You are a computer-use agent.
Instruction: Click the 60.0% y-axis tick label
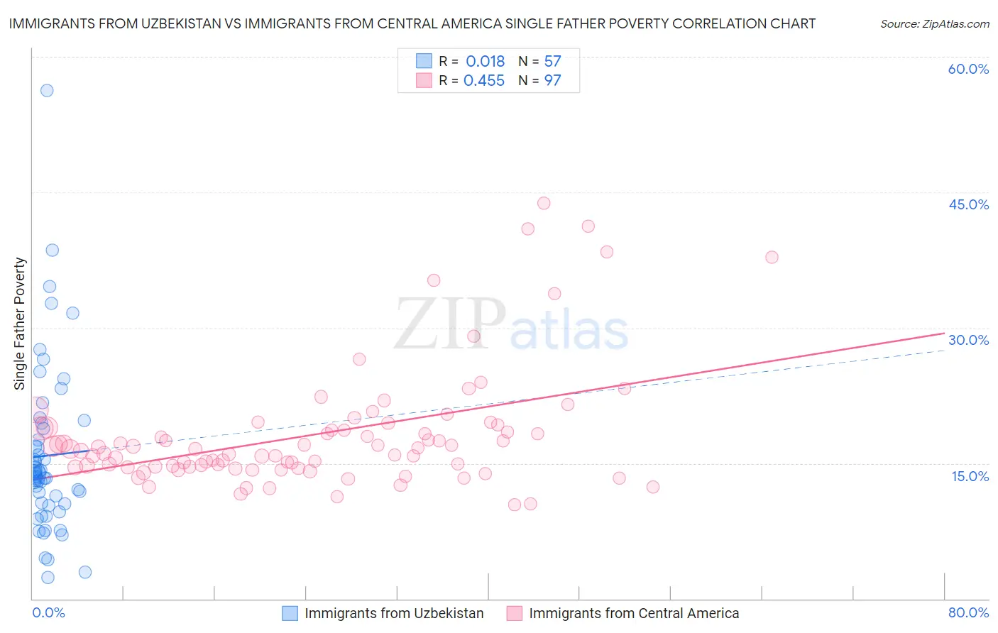(x=968, y=69)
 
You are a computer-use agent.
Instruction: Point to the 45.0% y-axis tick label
(x=968, y=204)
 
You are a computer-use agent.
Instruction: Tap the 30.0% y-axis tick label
(x=968, y=340)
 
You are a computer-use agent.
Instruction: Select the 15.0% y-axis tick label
(x=970, y=476)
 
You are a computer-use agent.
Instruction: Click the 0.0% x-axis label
(x=48, y=612)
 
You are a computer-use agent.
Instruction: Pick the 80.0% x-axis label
(x=968, y=612)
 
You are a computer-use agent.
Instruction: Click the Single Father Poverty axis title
(x=20, y=324)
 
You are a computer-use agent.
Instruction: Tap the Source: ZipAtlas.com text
(x=934, y=24)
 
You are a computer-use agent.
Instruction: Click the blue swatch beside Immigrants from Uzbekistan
(x=290, y=613)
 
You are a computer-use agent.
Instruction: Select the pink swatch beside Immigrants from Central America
(x=514, y=613)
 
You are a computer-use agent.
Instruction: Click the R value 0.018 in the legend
(x=485, y=62)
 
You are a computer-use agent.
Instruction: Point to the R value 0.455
(x=483, y=81)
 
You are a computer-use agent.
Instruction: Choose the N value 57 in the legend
(x=552, y=62)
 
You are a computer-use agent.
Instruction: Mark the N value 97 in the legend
(x=552, y=81)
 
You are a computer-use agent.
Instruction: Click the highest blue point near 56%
(x=47, y=90)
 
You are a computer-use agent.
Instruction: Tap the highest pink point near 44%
(x=544, y=203)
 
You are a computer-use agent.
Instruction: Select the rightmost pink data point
(x=772, y=257)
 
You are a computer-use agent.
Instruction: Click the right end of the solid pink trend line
(x=944, y=333)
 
